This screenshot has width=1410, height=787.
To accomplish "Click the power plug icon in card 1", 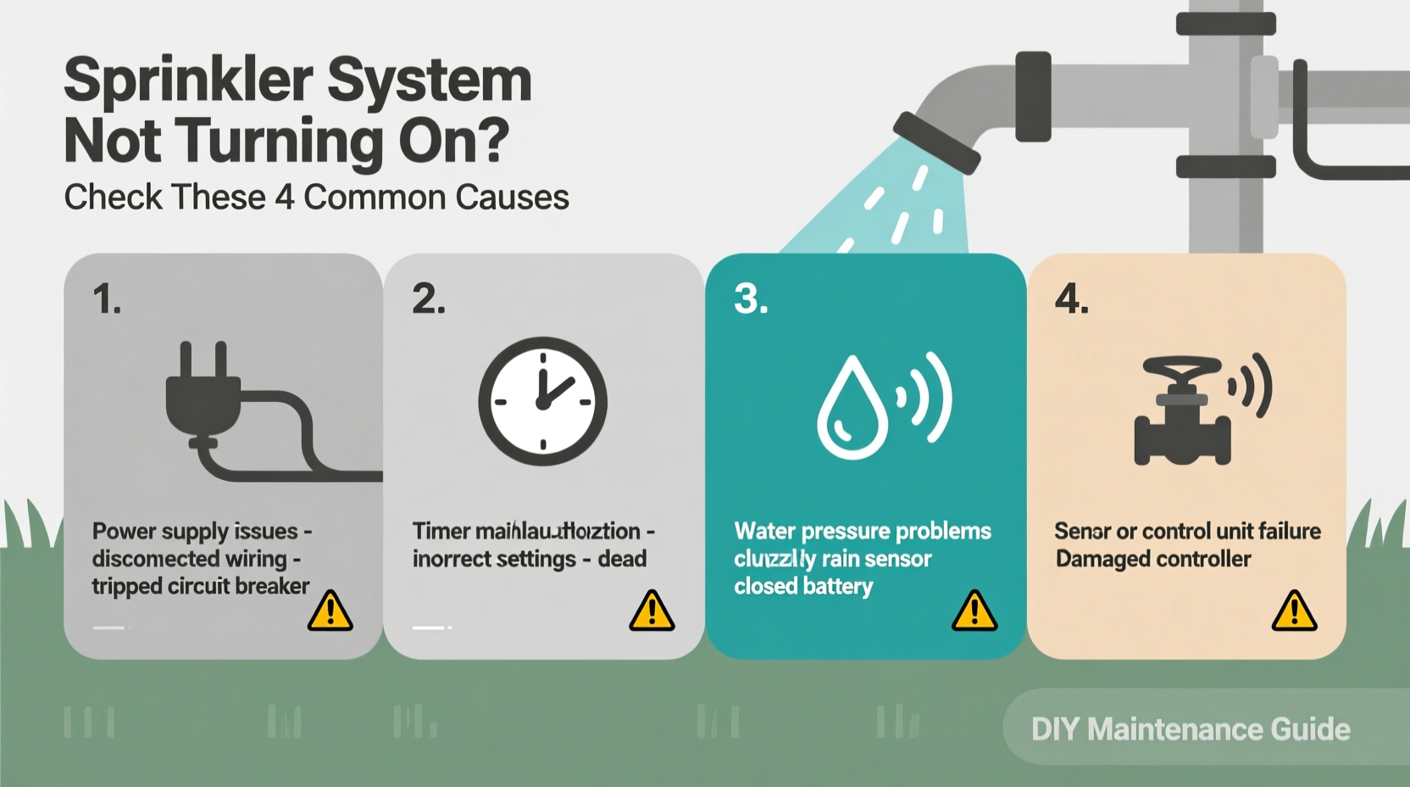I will pos(203,394).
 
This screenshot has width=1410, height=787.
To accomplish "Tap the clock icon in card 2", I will pos(542,401).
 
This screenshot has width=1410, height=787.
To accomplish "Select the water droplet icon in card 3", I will pos(852,408).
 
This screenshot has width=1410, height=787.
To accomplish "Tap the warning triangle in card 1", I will pos(330,611).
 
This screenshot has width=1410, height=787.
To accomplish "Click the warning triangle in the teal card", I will pos(974,611).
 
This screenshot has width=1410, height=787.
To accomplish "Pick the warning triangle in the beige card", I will pos(1294,611).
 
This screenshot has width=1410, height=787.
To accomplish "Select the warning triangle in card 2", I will pos(652,611).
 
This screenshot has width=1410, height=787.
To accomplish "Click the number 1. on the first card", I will pos(107,299).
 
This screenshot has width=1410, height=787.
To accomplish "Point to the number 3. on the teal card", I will pos(751,299).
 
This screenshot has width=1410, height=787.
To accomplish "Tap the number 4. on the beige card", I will pos(1071,299).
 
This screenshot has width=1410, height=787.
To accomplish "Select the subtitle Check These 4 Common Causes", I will pos(316,198).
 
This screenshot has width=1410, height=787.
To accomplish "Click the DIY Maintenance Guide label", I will pos(1190,729).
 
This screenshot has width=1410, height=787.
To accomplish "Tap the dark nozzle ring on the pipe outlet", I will pos(936,142).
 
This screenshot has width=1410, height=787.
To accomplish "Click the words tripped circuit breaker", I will pos(200,586).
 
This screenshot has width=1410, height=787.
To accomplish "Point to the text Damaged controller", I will pos(1152,559).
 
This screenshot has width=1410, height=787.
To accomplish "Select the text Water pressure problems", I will pos(862,531).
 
